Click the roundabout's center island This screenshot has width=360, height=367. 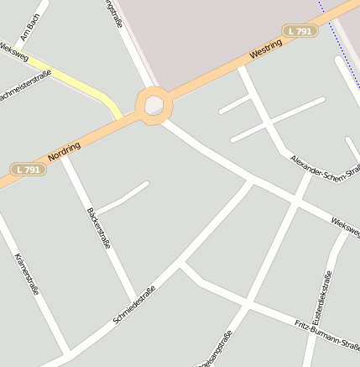154,105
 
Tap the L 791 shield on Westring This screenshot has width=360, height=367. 300,31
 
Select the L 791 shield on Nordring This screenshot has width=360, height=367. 29,169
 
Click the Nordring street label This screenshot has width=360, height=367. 65,152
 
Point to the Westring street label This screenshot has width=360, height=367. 266,50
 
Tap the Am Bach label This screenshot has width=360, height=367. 30,28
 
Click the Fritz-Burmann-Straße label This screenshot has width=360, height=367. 327,334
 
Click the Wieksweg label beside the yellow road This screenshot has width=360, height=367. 13,52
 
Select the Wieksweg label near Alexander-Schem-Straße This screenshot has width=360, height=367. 345,225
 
